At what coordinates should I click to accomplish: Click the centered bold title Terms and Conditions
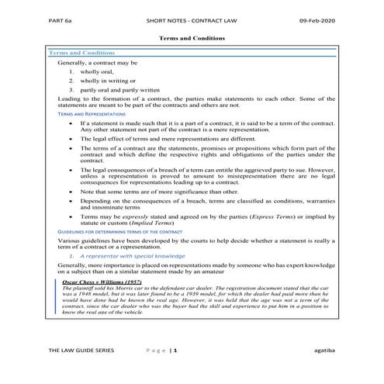[x=191, y=37]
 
